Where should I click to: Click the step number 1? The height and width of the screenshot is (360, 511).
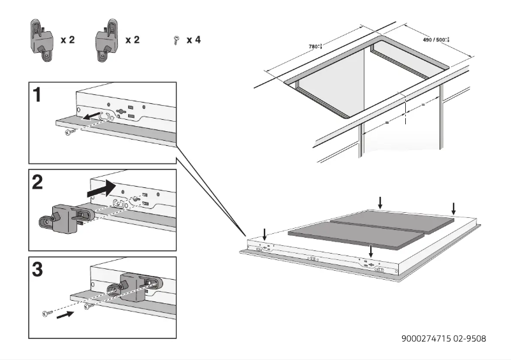(x=38, y=95)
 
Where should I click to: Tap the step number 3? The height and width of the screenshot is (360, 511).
(x=39, y=270)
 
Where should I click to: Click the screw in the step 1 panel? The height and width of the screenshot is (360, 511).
(x=71, y=132)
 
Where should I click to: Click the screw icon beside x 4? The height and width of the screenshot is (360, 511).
(x=175, y=40)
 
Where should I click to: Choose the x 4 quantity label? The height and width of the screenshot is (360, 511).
(x=194, y=40)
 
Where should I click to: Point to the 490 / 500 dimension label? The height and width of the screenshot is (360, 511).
(x=436, y=40)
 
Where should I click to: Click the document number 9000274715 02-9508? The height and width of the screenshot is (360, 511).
(x=443, y=338)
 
